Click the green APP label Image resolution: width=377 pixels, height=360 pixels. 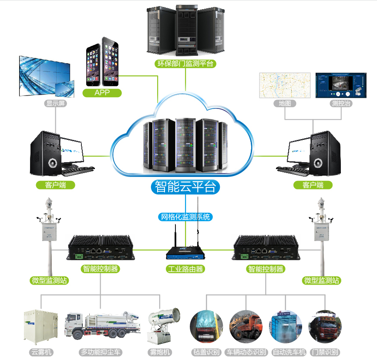click(102, 92)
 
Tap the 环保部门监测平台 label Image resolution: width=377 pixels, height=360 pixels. click(185, 64)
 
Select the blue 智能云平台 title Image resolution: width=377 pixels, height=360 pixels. click(185, 187)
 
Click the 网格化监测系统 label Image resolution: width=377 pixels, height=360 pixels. click(185, 217)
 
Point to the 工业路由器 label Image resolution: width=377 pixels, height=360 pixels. click(185, 269)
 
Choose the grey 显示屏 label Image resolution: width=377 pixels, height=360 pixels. click(56, 103)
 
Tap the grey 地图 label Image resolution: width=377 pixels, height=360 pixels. click(285, 103)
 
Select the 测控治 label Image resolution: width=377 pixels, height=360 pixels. click(341, 103)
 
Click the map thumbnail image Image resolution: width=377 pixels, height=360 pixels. click(285, 85)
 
